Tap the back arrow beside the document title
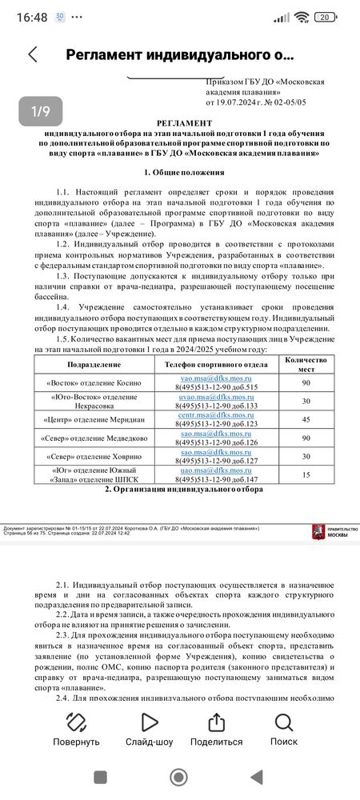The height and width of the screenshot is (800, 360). (x=32, y=54)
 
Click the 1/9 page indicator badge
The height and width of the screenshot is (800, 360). (x=40, y=112)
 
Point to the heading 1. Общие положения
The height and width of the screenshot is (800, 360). (x=184, y=172)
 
